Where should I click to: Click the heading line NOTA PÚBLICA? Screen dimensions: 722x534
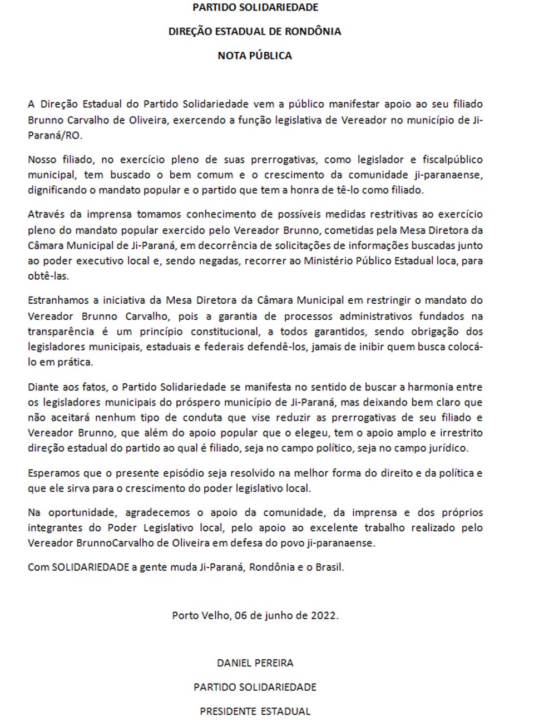pos(255,56)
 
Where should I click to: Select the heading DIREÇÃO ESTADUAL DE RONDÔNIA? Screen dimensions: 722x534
pos(255,32)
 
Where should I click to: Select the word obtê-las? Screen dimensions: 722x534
pos(48,276)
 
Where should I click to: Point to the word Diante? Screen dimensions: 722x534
pos(43,387)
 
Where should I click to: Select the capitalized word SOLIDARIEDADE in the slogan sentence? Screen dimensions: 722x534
pos(91,568)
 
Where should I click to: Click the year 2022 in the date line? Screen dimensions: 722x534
pos(323,616)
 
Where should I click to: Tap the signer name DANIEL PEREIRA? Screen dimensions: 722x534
pos(255,663)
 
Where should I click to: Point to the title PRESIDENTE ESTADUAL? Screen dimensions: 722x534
pos(255,711)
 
